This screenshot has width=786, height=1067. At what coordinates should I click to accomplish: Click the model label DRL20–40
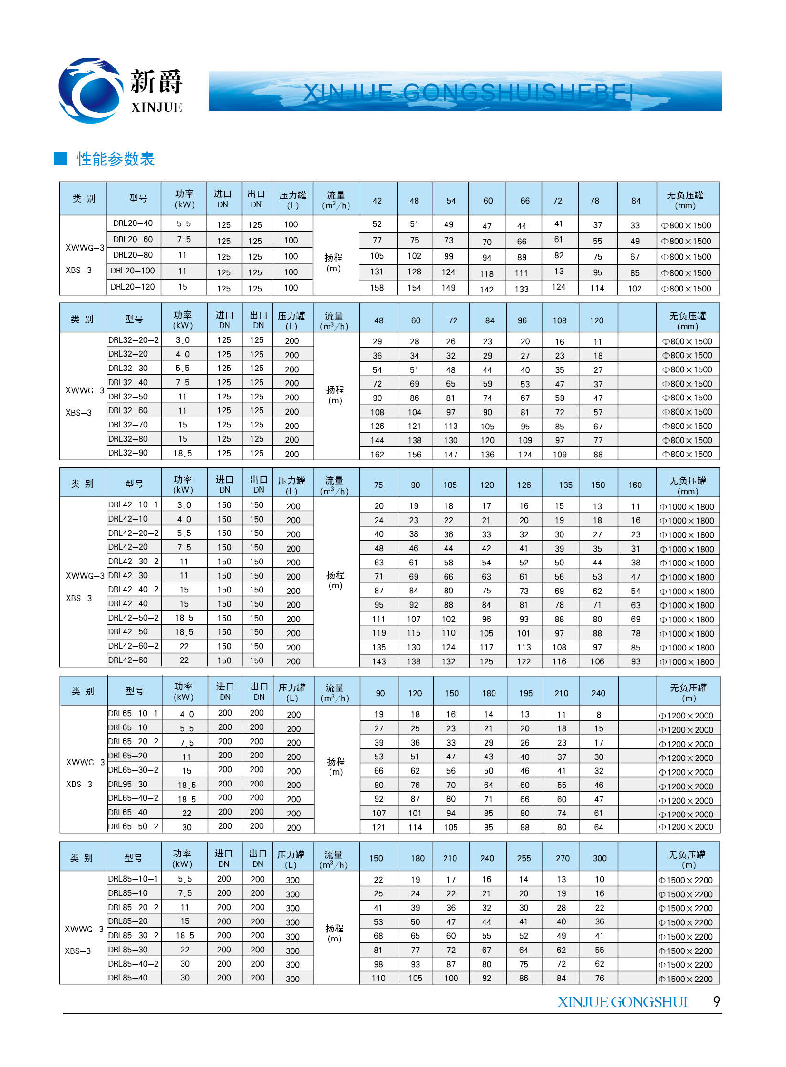pyautogui.click(x=133, y=223)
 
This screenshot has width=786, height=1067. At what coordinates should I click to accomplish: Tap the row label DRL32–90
pyautogui.click(x=128, y=453)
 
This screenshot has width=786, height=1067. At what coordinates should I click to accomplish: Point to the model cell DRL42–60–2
pyautogui.click(x=133, y=646)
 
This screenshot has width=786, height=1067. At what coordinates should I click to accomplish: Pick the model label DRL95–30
pyautogui.click(x=128, y=784)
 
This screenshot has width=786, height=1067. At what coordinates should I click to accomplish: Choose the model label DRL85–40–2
pyautogui.click(x=133, y=964)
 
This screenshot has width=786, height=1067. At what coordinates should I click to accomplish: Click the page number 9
pyautogui.click(x=717, y=1002)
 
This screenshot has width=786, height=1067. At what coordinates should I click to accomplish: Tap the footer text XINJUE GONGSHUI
pyautogui.click(x=622, y=1002)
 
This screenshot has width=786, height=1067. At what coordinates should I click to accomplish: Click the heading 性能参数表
pyautogui.click(x=116, y=159)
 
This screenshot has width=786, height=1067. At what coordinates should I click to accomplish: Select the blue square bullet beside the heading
pyautogui.click(x=60, y=159)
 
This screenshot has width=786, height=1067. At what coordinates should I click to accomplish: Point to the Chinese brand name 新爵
pyautogui.click(x=156, y=82)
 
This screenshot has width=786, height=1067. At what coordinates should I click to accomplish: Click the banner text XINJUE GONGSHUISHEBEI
pyautogui.click(x=468, y=92)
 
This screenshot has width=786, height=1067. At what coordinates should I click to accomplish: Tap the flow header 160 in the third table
pyautogui.click(x=635, y=485)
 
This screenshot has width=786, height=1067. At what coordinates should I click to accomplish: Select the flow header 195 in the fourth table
pyautogui.click(x=525, y=694)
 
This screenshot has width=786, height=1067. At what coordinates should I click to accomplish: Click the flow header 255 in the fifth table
pyautogui.click(x=524, y=859)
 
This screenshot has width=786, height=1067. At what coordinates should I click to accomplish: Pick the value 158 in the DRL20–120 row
pyautogui.click(x=377, y=288)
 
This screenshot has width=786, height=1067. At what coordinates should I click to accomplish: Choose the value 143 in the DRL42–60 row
pyautogui.click(x=379, y=661)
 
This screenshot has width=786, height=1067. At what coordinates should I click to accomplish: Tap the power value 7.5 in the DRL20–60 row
pyautogui.click(x=184, y=240)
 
